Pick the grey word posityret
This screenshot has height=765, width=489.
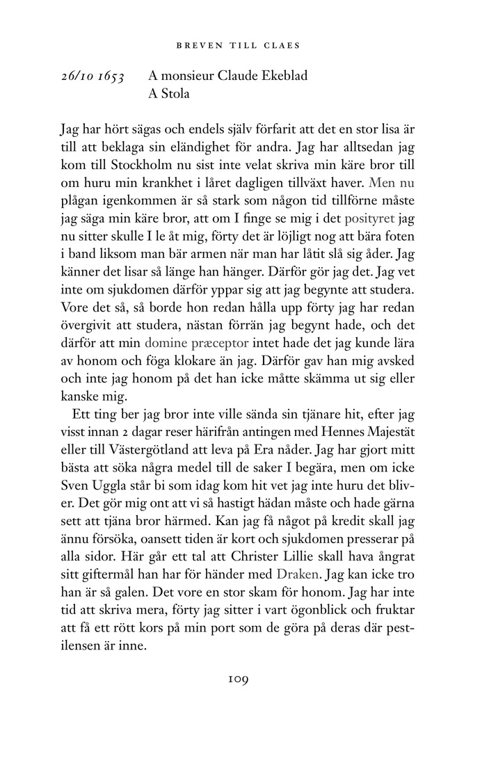[375, 217]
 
